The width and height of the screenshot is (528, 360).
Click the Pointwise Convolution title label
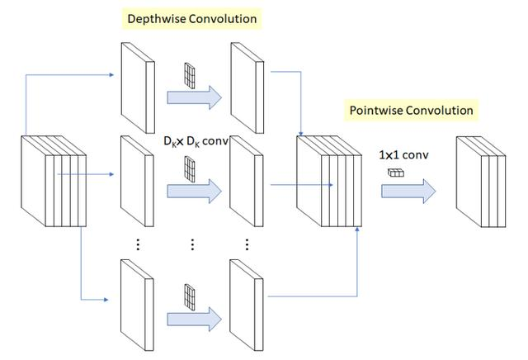[x=412, y=110]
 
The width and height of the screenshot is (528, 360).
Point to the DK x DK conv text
[x=196, y=142]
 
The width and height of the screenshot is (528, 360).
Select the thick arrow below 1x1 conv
[x=407, y=192]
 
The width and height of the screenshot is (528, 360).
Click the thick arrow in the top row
[x=194, y=97]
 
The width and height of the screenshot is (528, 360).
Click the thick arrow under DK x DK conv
[x=194, y=192]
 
